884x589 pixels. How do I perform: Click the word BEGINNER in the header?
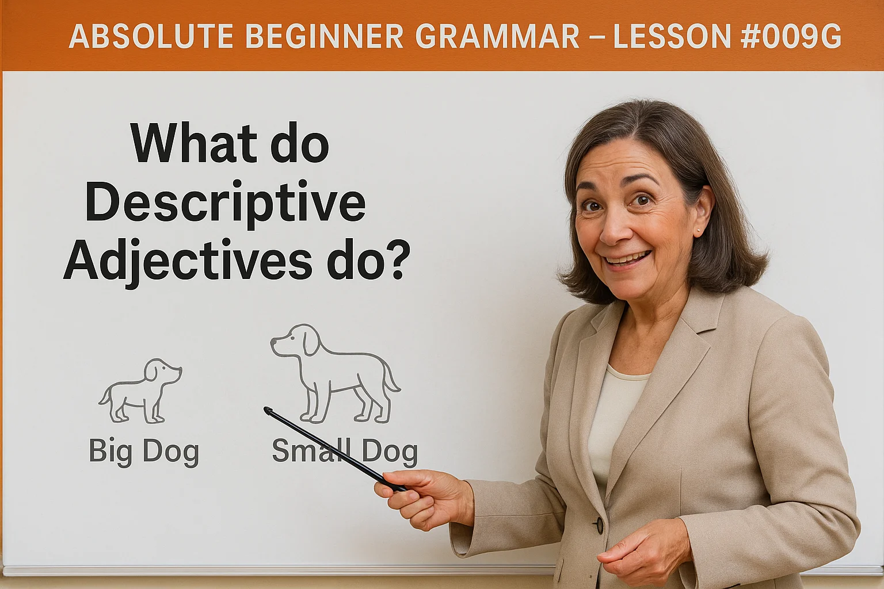(x=325, y=37)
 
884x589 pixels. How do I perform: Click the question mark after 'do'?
(x=397, y=261)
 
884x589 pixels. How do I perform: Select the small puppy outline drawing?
(x=140, y=391)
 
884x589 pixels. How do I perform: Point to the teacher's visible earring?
(x=698, y=231)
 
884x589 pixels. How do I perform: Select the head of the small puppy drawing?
(x=161, y=371)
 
